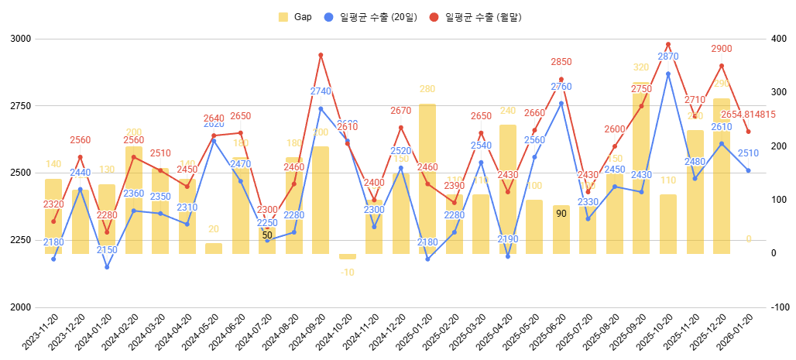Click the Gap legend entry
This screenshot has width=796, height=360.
click(295, 17)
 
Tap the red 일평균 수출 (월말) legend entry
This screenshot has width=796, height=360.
click(475, 17)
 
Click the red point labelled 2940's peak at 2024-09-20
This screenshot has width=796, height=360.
click(321, 55)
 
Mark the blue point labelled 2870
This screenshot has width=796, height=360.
click(668, 74)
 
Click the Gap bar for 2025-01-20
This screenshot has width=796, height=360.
click(427, 178)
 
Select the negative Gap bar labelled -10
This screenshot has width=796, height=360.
click(348, 256)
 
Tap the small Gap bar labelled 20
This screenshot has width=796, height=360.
click(214, 249)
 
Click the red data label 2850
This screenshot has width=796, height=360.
click(561, 62)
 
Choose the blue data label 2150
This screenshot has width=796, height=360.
click(107, 250)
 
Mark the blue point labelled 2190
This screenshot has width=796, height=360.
click(508, 256)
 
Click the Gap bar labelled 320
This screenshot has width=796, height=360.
click(641, 167)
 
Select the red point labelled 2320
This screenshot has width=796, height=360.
click(53, 221)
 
